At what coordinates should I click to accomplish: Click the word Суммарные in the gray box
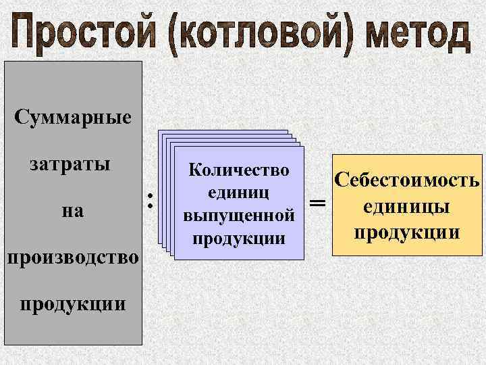tap(73, 118)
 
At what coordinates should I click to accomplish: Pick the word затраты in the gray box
tap(70, 164)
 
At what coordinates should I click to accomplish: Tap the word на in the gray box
tap(72, 210)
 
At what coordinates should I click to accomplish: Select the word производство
tap(72, 257)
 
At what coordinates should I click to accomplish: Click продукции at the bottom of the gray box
tap(72, 302)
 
